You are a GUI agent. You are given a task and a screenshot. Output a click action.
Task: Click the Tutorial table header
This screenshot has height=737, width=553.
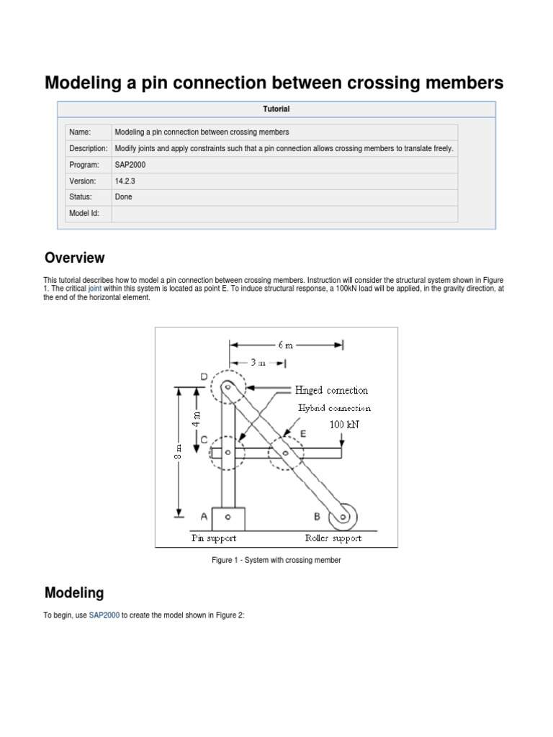pos(276,109)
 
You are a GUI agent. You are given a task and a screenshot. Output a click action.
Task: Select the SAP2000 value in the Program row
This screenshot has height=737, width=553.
pos(130,164)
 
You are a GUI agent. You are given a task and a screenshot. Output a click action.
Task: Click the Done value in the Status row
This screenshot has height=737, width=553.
pos(123,196)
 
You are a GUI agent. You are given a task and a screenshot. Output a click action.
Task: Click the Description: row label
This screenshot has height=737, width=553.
pos(88,148)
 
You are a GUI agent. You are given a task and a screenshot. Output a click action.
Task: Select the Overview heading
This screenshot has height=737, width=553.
pos(74,258)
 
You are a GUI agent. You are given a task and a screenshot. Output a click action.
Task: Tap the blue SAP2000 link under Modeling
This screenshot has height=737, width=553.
pos(104,617)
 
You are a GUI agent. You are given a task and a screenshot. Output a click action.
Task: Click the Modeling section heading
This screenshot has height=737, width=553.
pos(74,593)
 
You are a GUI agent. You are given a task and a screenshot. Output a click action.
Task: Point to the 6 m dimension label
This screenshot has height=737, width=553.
pos(286,345)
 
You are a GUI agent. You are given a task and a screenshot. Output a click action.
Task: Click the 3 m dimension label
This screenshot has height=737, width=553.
pos(257,363)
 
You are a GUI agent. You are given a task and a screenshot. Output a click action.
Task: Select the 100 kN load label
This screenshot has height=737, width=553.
pos(343,425)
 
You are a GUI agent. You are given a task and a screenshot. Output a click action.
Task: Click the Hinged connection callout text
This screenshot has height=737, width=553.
pos(331,390)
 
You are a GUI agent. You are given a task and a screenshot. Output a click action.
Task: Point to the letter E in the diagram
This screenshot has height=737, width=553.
pos(303,434)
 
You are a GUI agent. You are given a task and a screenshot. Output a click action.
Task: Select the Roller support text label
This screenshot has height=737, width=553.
pos(333,538)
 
